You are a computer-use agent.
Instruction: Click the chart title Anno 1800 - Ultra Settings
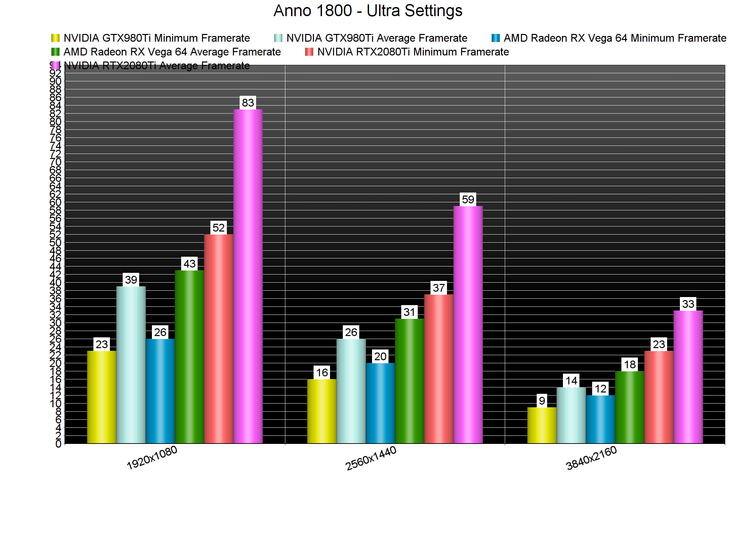[368, 11]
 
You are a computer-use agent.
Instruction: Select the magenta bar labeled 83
[248, 276]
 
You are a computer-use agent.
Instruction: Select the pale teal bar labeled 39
[131, 365]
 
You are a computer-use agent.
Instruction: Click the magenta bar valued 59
[468, 324]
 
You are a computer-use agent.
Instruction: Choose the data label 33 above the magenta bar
[688, 304]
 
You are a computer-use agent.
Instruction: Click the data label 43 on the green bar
[190, 264]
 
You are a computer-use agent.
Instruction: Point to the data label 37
[439, 288]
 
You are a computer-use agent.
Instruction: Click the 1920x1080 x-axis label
[152, 458]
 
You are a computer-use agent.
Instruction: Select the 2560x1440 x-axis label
[371, 458]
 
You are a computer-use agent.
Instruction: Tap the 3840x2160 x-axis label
[591, 458]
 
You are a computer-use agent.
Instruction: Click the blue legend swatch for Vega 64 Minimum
[495, 38]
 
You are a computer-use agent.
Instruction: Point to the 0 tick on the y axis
[58, 444]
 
